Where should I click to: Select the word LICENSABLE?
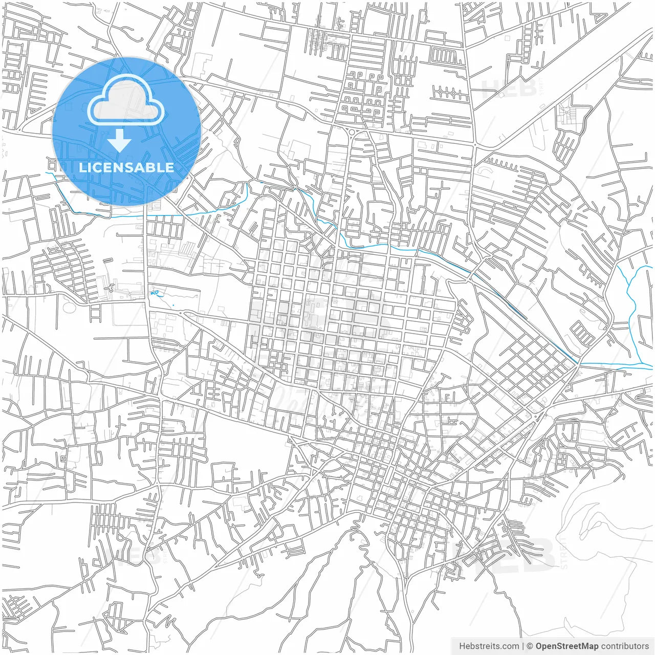click(126, 167)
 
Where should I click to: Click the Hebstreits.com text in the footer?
click(489, 646)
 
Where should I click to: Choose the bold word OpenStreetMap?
click(567, 646)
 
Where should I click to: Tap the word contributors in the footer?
click(625, 646)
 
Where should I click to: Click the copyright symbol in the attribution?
click(530, 646)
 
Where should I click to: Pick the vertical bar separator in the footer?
click(522, 646)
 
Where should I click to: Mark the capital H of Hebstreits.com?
click(462, 646)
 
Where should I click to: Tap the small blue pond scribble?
click(155, 293)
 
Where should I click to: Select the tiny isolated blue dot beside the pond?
click(173, 305)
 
